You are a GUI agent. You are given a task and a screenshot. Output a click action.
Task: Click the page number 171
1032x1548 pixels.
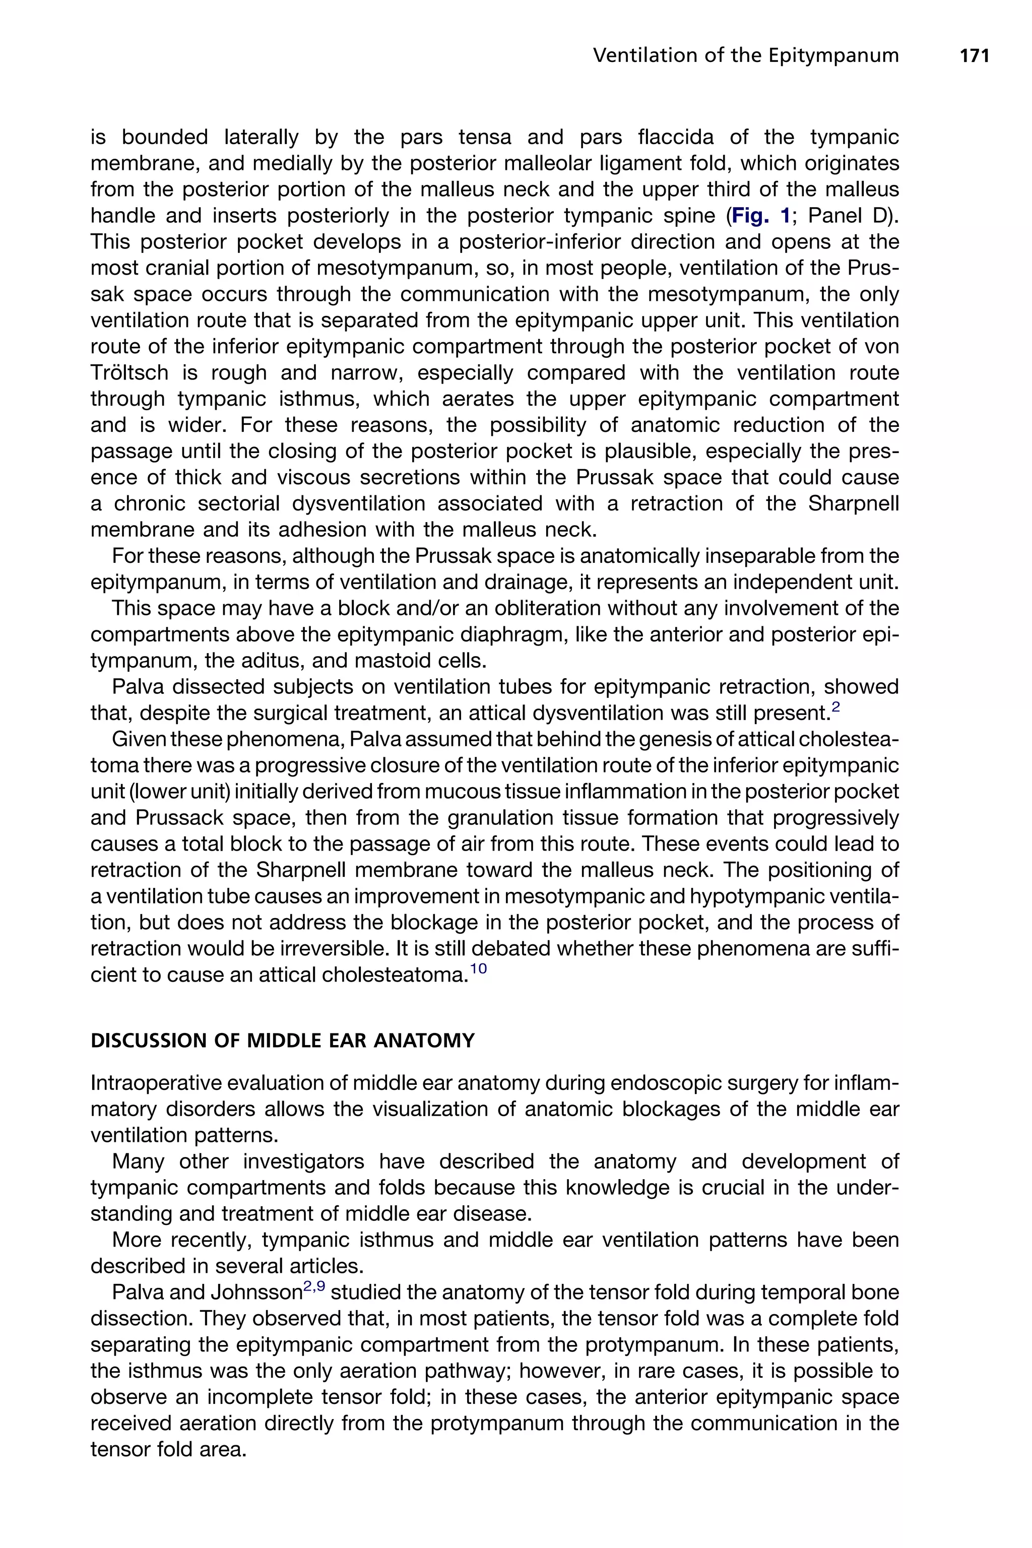point(975,56)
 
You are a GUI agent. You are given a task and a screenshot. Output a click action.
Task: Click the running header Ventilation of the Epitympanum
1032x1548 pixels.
point(746,56)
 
